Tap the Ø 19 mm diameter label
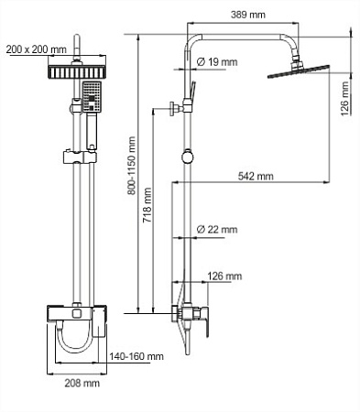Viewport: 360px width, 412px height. point(219,62)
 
